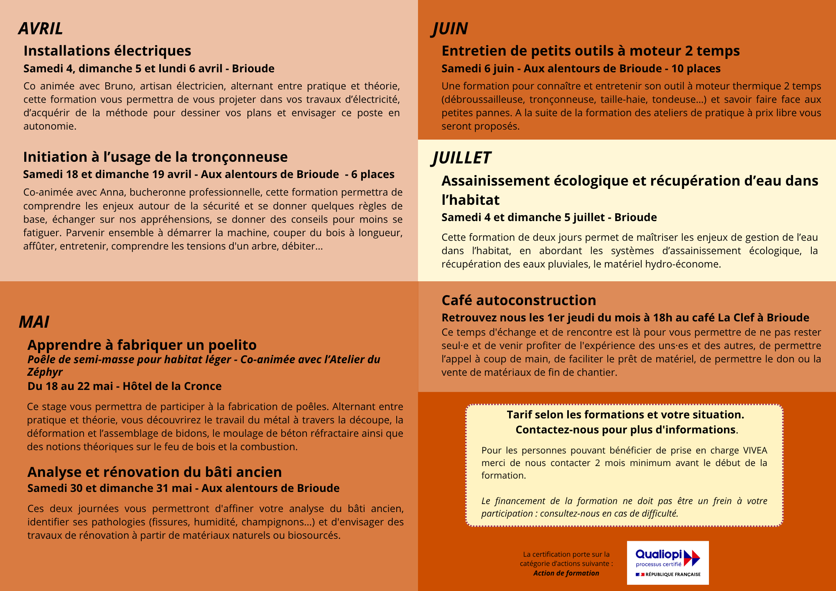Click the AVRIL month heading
[41, 29]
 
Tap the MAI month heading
[34, 322]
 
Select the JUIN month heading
[450, 29]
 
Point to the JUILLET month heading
[461, 158]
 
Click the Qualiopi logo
[668, 563]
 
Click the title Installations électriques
[107, 51]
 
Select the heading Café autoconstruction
[519, 301]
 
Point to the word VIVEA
[755, 451]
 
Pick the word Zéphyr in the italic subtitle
[45, 372]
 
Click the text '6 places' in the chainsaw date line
[372, 174]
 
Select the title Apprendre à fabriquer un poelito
[142, 345]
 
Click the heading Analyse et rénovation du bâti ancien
[154, 472]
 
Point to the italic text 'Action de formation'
[566, 573]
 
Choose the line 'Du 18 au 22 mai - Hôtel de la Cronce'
[124, 386]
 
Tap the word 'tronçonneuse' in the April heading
[240, 157]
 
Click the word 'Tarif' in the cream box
[519, 415]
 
